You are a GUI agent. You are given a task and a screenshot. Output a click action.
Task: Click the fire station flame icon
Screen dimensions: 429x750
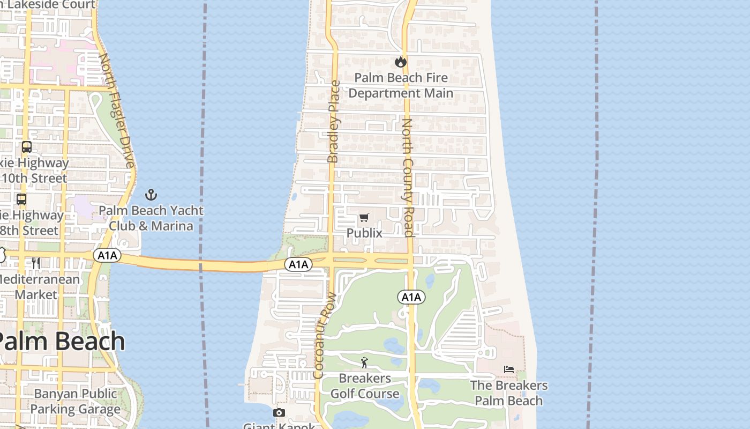(400, 62)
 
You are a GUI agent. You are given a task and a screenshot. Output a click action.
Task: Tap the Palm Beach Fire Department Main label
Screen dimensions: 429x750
(401, 85)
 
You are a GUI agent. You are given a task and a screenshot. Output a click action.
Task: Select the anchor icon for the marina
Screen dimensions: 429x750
(151, 194)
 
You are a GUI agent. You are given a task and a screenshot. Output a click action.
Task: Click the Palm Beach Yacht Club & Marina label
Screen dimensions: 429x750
(151, 218)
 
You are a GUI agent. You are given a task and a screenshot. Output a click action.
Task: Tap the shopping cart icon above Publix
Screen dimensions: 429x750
(364, 217)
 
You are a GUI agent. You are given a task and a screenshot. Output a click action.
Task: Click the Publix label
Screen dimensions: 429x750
(364, 233)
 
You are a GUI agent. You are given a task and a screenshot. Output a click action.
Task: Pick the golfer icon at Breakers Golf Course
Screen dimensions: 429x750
(364, 363)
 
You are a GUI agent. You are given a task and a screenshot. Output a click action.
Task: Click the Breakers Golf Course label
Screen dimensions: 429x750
(364, 386)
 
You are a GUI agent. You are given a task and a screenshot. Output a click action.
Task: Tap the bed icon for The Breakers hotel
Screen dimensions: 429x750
(509, 369)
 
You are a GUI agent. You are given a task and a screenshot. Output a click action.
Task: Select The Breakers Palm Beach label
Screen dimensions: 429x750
(509, 393)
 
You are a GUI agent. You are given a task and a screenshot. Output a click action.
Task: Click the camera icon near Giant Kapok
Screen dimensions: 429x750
(279, 412)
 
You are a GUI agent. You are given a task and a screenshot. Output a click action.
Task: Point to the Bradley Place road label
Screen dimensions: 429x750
(333, 122)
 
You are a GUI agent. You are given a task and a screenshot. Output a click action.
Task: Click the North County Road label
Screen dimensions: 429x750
(408, 177)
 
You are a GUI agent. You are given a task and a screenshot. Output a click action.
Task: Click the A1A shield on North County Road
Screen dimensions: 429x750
(411, 297)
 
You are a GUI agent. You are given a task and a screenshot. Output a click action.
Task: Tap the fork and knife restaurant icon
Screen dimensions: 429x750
(36, 263)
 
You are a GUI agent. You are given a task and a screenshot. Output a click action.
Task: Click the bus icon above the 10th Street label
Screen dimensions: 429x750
(26, 146)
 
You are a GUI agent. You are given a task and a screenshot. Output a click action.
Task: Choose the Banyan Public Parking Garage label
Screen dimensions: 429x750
(75, 402)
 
